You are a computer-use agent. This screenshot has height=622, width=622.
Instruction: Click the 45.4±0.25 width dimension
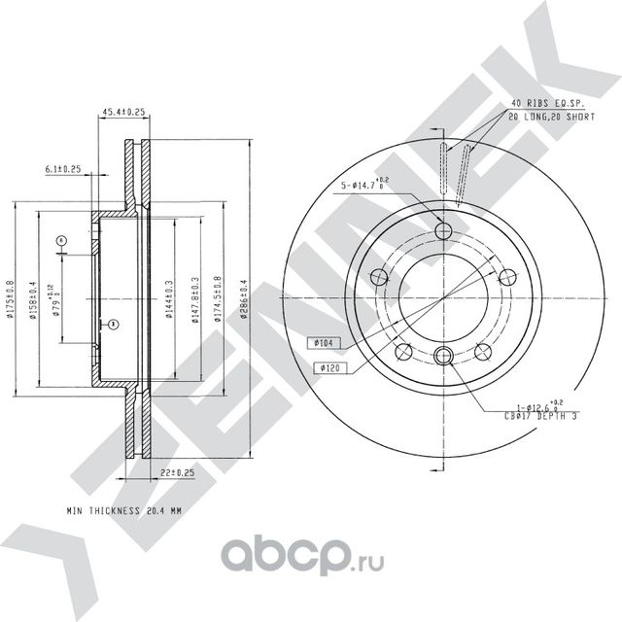[123, 113]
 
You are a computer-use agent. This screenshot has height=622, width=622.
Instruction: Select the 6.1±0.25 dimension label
[63, 169]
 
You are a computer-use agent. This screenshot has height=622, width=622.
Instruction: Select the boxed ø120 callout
[327, 366]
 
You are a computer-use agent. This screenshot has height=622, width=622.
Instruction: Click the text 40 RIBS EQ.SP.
[546, 103]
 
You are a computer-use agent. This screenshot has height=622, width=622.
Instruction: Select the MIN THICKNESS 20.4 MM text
[123, 509]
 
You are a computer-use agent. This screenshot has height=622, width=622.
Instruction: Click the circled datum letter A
[60, 240]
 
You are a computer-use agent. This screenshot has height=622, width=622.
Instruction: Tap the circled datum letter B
[112, 324]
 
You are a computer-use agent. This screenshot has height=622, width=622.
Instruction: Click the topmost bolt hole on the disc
[445, 230]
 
